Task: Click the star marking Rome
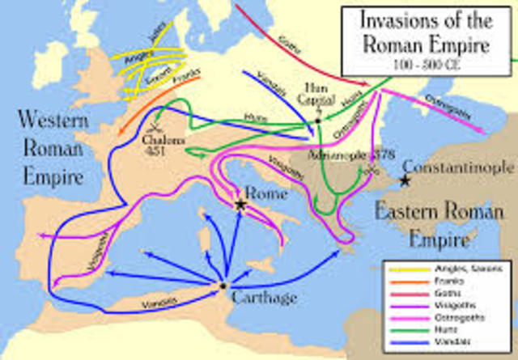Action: point(240,205)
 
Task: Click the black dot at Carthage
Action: point(223,286)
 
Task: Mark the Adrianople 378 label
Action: point(347,153)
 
